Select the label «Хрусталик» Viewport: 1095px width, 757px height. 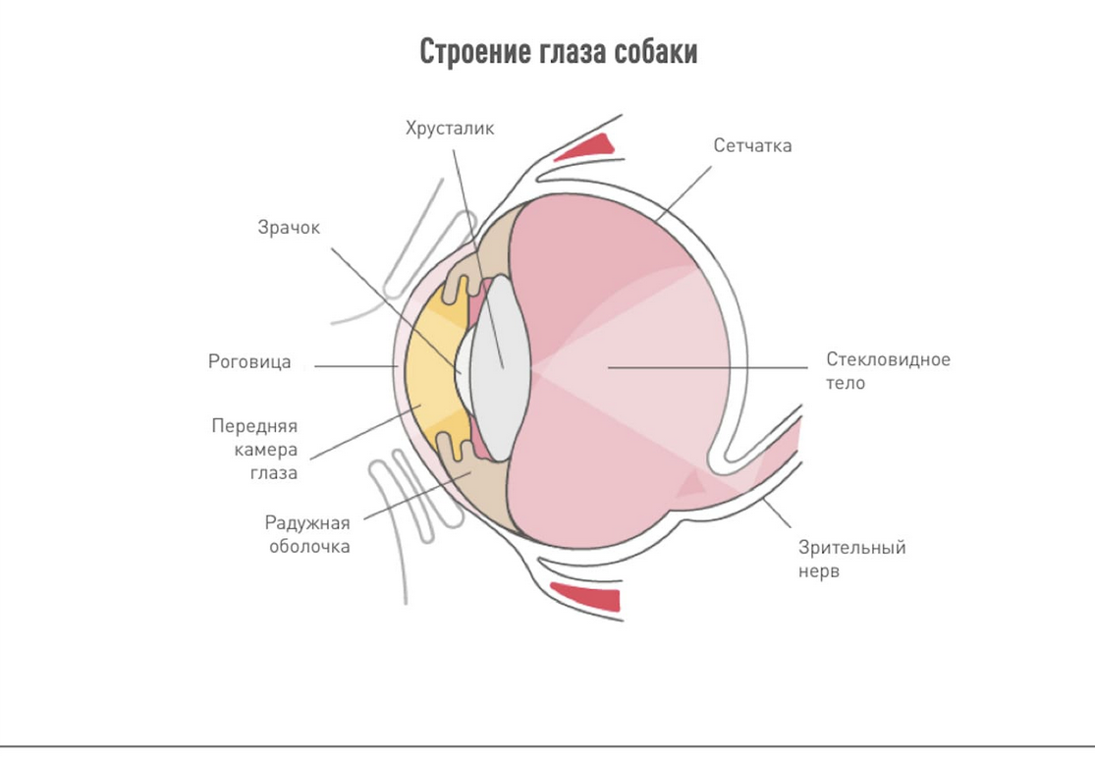pos(450,128)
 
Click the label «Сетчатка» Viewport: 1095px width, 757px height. pos(752,145)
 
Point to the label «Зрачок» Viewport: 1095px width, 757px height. pos(289,228)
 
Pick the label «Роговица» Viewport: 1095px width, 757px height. pos(249,362)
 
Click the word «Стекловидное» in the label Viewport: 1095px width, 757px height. pos(888,359)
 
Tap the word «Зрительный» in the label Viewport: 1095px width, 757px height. pos(851,548)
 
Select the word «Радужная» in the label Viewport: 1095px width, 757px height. pos(307,522)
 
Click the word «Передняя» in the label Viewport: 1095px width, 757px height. pos(254,426)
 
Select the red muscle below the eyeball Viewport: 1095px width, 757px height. pos(585,596)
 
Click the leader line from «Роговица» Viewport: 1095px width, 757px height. pos(354,367)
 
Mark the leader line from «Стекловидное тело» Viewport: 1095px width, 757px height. pos(707,368)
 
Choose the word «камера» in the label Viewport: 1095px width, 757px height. pos(266,450)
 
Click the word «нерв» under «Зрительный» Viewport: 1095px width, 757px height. pos(819,571)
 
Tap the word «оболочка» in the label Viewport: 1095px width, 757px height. pos(309,546)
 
